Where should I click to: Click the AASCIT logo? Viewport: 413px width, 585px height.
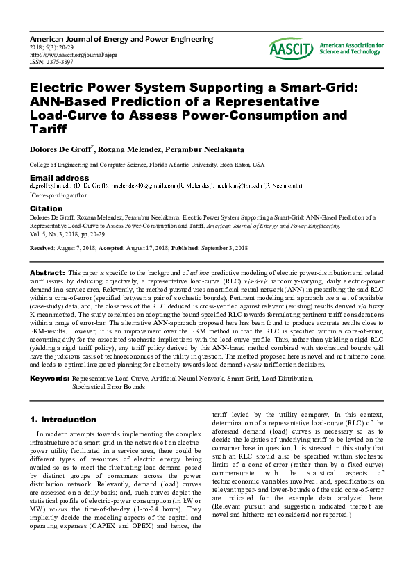[x=326, y=48]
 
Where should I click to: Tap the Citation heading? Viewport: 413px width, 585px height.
[x=46, y=208]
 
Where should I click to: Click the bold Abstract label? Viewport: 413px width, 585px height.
[x=49, y=273]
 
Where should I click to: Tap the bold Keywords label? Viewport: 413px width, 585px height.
[x=50, y=378]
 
